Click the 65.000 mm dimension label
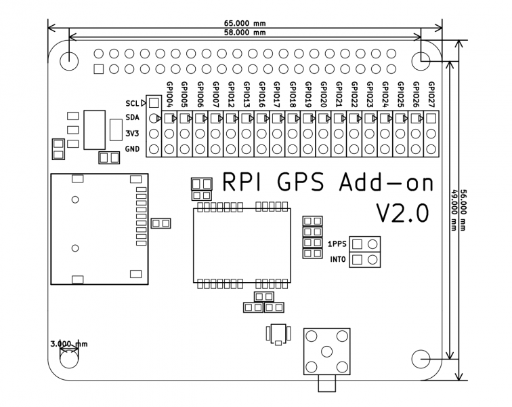pyautogui.click(x=245, y=22)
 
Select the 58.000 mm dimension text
pyautogui.click(x=245, y=32)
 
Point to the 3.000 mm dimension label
pyautogui.click(x=69, y=344)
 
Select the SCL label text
pyautogui.click(x=131, y=103)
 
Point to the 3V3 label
pyautogui.click(x=132, y=134)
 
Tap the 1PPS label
pyautogui.click(x=337, y=244)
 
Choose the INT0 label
pyautogui.click(x=337, y=259)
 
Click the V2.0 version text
pyautogui.click(x=402, y=213)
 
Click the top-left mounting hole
pyautogui.click(x=69, y=58)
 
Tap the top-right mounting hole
pyautogui.click(x=427, y=58)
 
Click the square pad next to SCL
pyautogui.click(x=154, y=103)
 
